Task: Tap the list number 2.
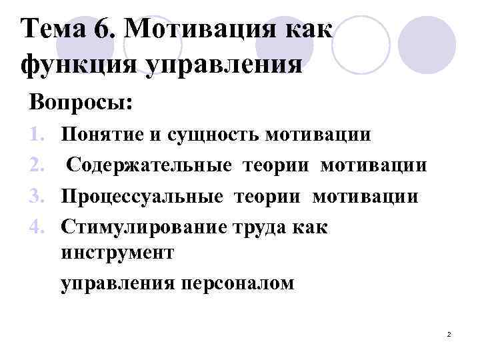coord(39,165)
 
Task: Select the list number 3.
coord(39,197)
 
